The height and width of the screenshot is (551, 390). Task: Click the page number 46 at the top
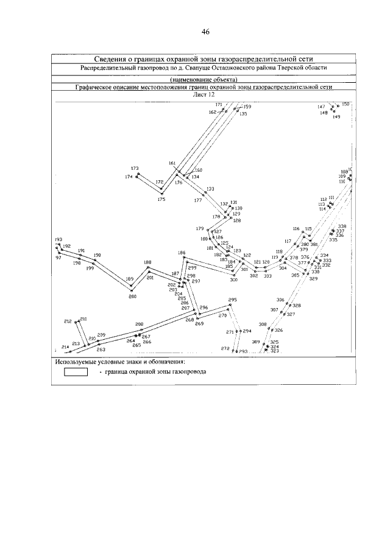coord(205,32)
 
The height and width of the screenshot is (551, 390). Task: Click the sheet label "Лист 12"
coord(204,94)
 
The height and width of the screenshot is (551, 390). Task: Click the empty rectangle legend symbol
coord(76,372)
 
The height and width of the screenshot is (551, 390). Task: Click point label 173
coord(135,168)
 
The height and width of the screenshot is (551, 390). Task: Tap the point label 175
coord(161,199)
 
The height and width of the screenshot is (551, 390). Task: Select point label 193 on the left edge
coord(58,240)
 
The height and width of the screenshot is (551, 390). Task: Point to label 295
coord(232,300)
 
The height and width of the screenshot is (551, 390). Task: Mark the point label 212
coord(68,321)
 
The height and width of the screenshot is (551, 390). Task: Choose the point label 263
coord(101,349)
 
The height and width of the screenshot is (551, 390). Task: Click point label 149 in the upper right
coord(336,117)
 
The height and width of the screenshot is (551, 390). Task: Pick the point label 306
coord(280,300)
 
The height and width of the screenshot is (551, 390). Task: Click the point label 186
coord(182,253)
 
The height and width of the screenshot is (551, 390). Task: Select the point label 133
coord(211,189)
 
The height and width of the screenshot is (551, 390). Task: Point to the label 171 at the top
coord(219,105)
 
